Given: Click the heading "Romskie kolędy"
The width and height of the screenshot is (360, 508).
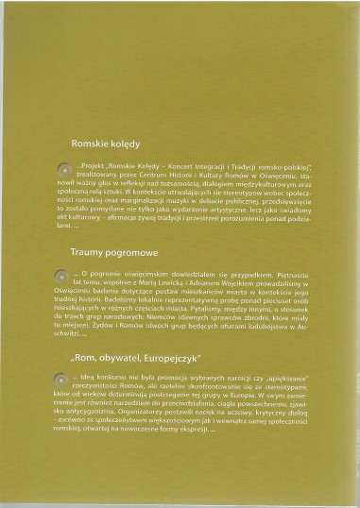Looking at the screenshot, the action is tap(105, 144).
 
